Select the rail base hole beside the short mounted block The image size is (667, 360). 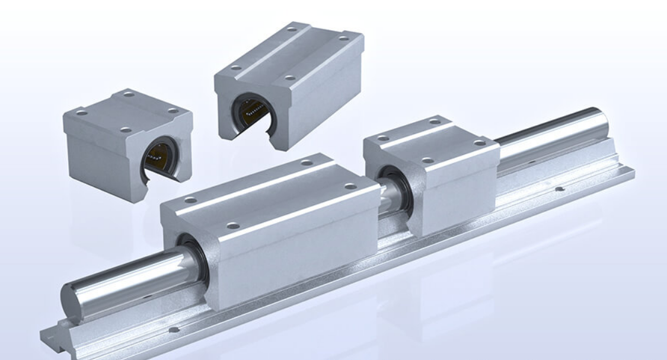(x=559, y=189)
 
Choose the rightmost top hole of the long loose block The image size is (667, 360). (x=343, y=38)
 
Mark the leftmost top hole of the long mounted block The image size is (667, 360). (x=189, y=200)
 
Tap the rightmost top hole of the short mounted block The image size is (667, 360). (x=478, y=143)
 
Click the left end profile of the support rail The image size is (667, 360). (x=56, y=332)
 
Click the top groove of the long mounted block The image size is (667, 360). (x=267, y=190)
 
